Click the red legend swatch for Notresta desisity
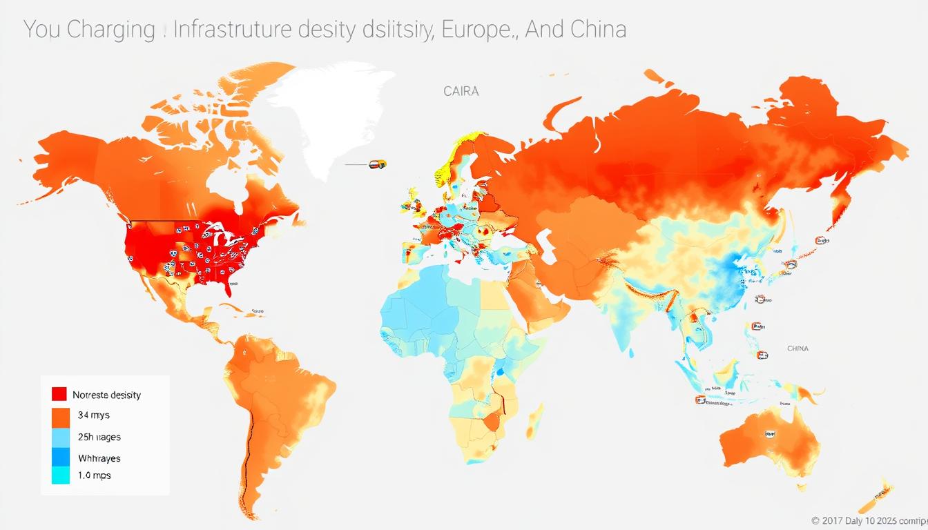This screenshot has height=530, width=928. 59,394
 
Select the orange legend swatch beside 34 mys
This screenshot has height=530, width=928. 61,416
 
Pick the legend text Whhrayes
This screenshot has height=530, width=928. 99,458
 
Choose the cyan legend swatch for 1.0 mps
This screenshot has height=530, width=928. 61,475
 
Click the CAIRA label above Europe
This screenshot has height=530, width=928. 461,91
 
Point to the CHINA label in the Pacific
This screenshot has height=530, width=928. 797,349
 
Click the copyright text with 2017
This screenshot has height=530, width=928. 867,520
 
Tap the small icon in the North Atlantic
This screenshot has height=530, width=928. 377,164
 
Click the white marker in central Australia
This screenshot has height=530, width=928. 769,434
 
